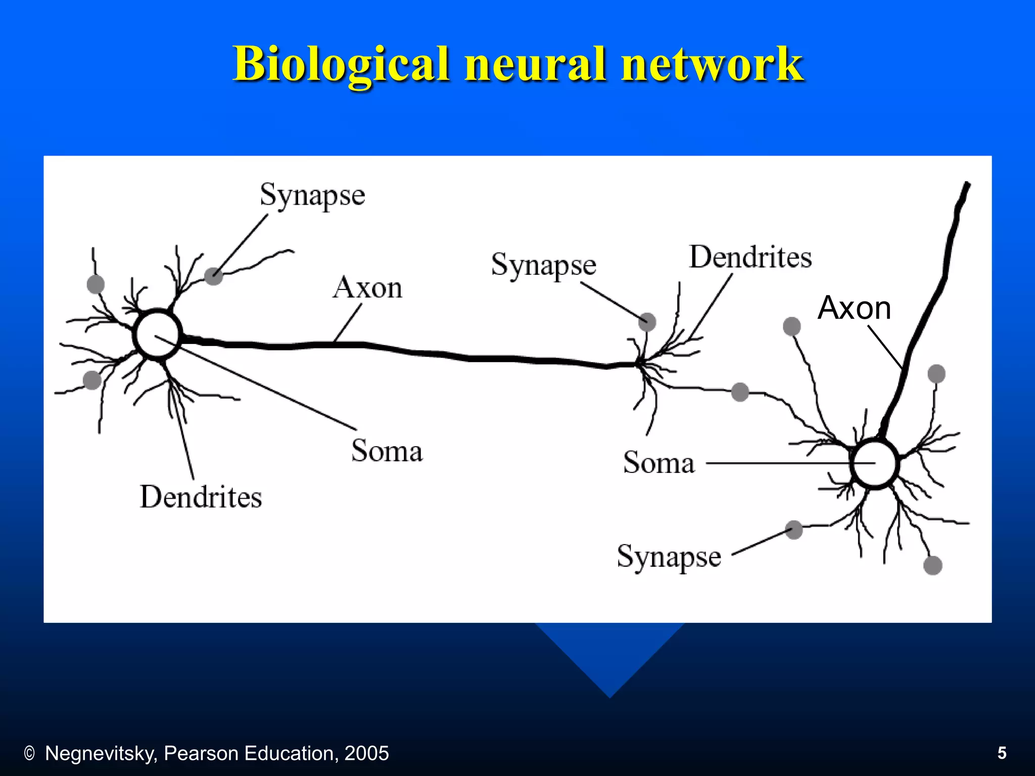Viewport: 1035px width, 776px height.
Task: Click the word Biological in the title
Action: tap(341, 64)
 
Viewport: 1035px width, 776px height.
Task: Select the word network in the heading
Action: tap(713, 64)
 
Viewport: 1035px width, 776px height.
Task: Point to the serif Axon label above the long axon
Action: tap(367, 288)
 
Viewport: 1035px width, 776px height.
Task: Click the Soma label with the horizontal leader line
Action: tap(658, 462)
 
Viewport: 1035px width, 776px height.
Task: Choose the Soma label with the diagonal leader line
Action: tap(387, 451)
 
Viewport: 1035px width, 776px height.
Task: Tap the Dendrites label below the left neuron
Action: tap(201, 497)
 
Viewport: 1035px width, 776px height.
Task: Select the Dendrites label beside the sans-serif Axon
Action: tap(750, 257)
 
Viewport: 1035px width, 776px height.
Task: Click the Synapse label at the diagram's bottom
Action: tap(669, 557)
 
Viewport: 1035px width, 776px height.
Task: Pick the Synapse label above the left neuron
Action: tap(312, 196)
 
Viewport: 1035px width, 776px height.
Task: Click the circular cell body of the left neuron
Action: tap(157, 334)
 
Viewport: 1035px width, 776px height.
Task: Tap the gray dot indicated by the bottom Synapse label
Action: tap(794, 530)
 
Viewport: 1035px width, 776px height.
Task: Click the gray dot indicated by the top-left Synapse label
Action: tap(214, 276)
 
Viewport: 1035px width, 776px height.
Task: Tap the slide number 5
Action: tap(1002, 753)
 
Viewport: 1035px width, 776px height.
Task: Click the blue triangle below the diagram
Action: tap(609, 657)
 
